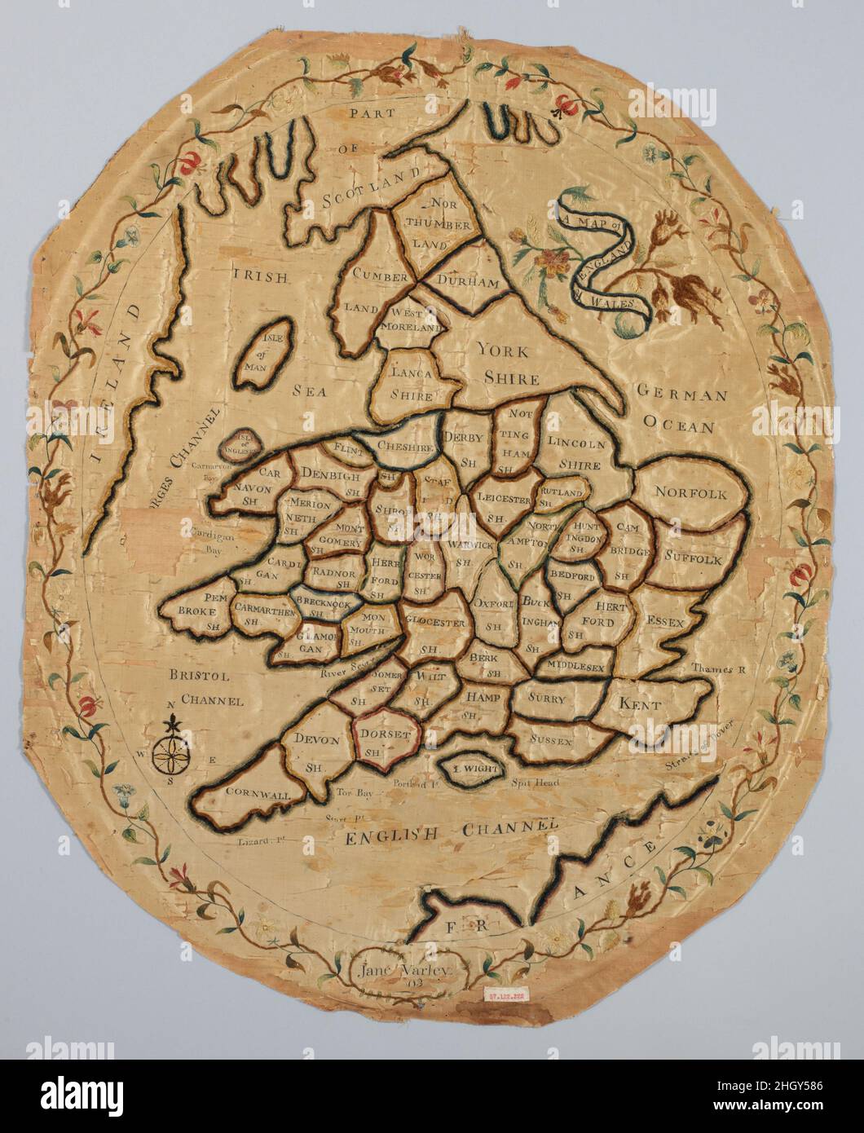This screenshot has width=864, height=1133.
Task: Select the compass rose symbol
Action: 173,746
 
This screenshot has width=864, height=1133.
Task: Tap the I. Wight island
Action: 470,766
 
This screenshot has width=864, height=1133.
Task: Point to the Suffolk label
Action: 692,559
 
